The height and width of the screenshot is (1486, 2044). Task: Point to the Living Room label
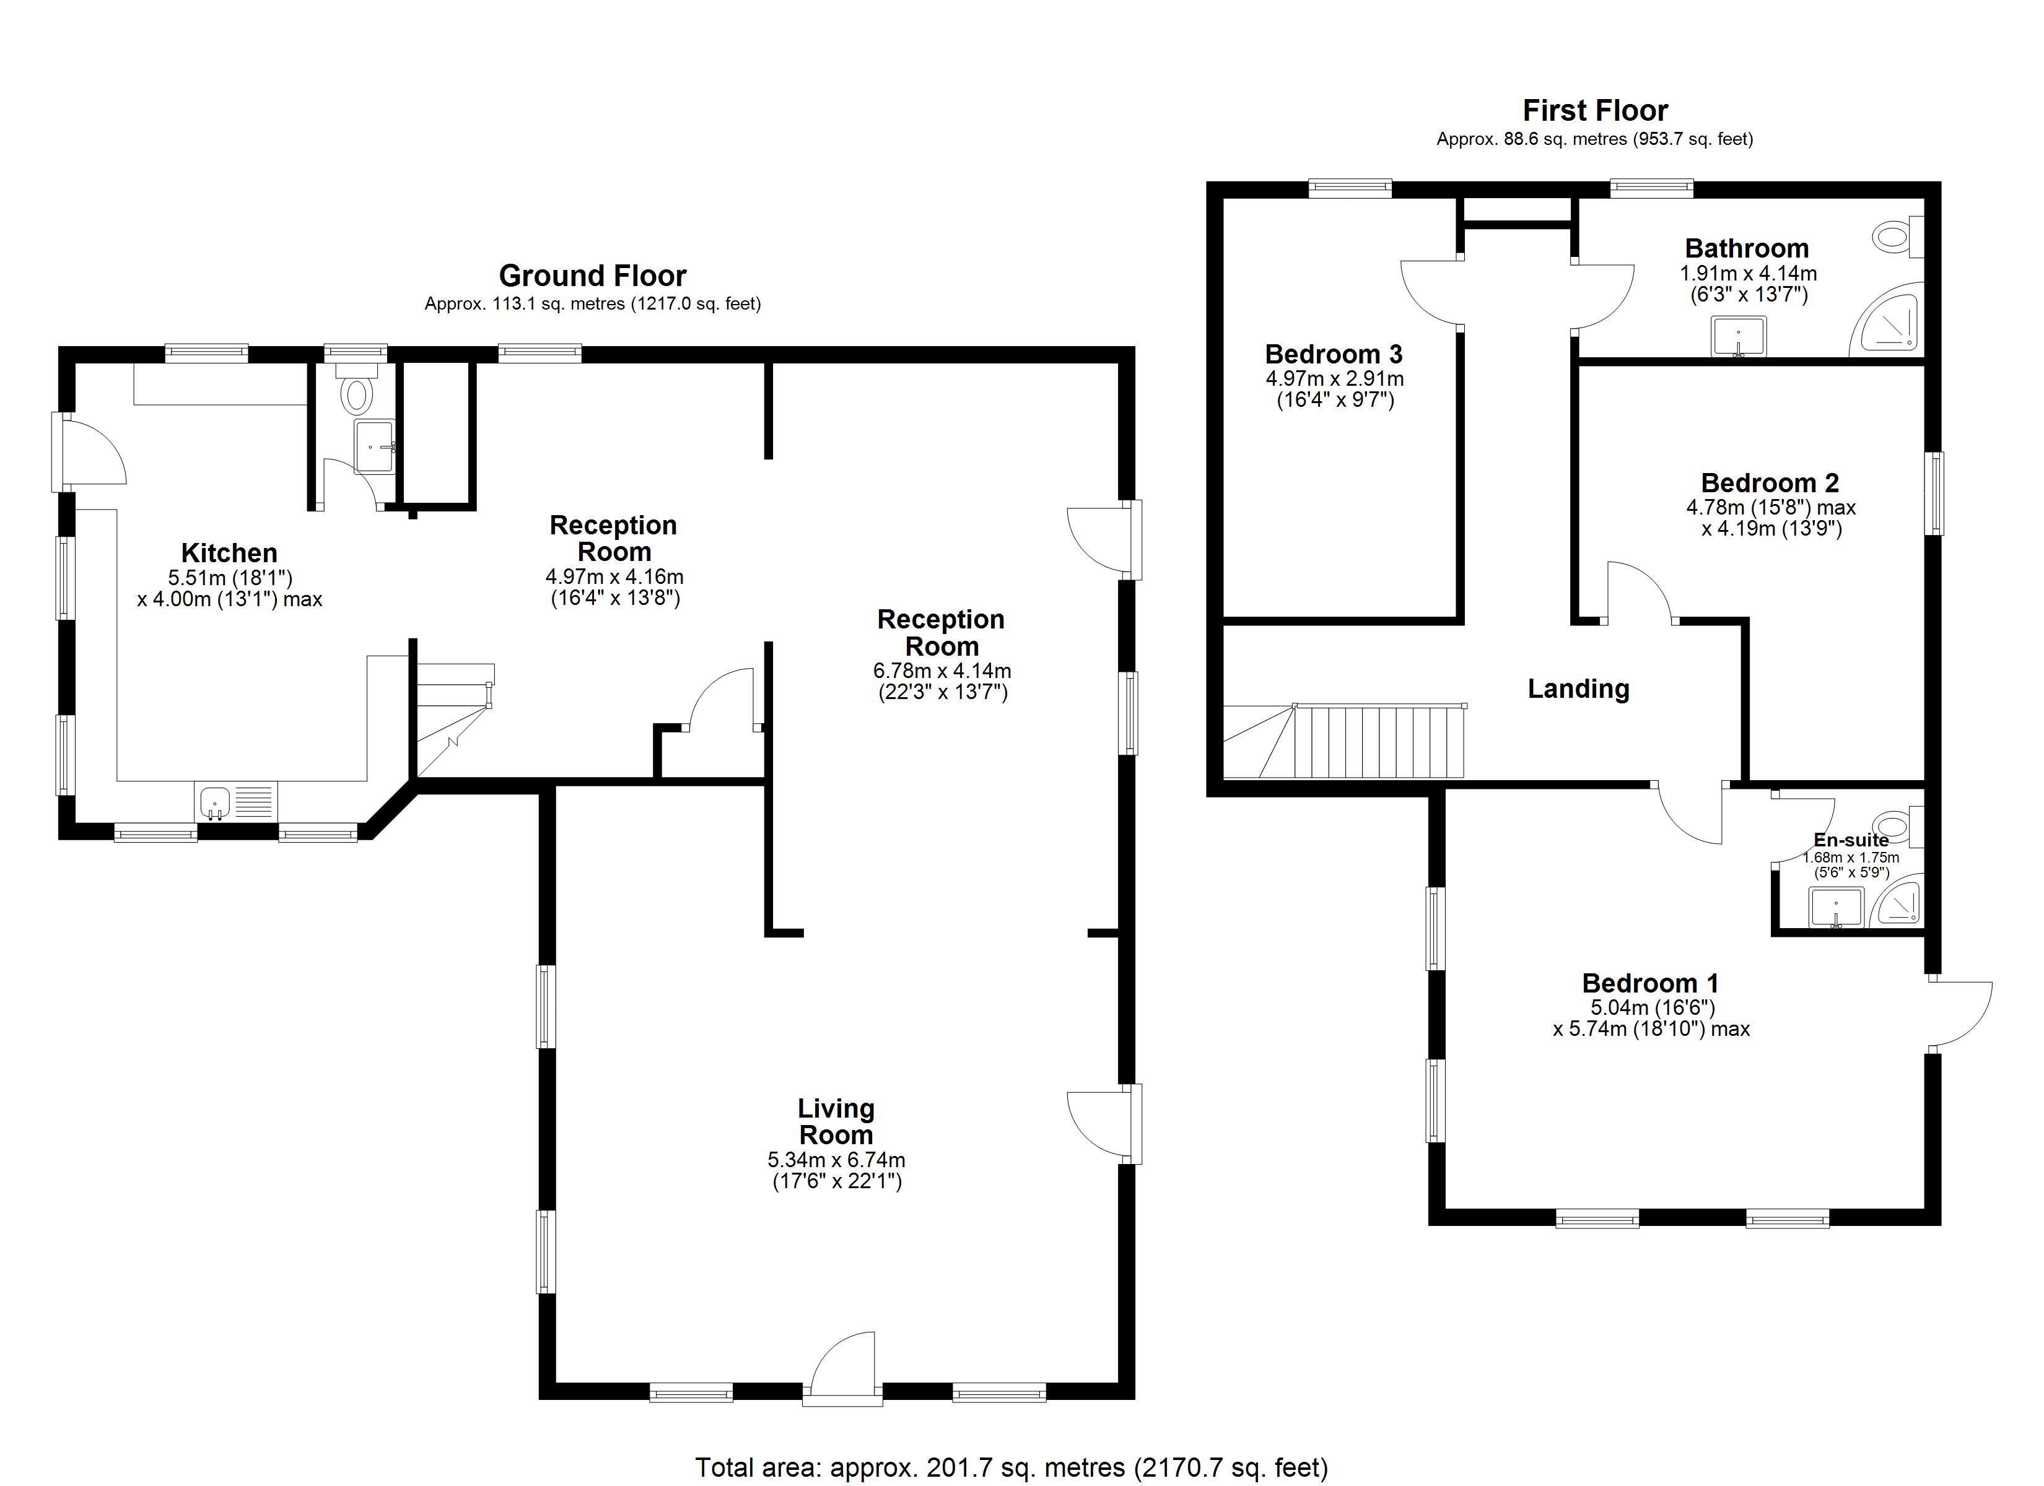click(x=836, y=1121)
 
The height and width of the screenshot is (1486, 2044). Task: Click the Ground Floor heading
click(x=592, y=275)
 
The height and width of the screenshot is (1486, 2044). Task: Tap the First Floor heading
click(x=1595, y=110)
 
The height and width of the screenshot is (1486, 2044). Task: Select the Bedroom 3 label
click(x=1334, y=354)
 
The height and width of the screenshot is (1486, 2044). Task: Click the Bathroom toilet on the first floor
click(x=1898, y=237)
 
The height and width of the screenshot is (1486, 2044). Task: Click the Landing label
click(x=1578, y=689)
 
